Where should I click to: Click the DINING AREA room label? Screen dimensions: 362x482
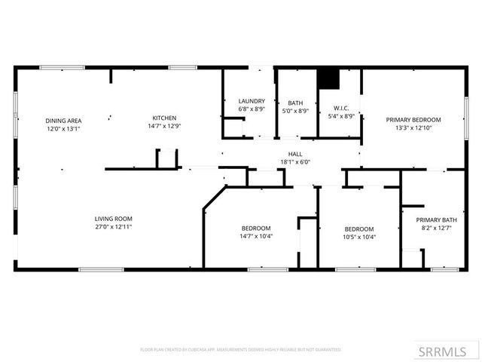[63, 121]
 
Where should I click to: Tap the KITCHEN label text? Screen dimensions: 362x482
[164, 118]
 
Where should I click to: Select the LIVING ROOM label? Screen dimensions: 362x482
[114, 219]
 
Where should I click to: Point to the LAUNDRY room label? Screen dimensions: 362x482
[251, 101]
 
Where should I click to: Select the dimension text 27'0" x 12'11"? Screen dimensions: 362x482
[114, 227]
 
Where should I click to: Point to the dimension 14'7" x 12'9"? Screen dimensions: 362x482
[164, 126]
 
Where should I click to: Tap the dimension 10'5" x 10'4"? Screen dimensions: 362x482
[359, 237]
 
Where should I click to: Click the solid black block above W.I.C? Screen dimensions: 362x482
[328, 78]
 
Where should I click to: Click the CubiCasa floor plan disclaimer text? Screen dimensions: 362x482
[240, 350]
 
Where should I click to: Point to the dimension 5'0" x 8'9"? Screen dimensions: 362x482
[294, 110]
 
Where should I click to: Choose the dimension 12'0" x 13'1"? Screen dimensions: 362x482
[63, 129]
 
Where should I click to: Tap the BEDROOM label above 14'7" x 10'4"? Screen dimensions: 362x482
[256, 229]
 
